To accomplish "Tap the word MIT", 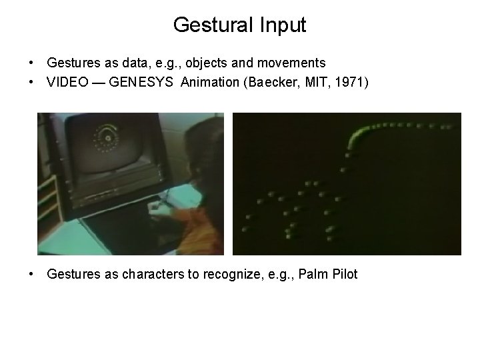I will point(312,81).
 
